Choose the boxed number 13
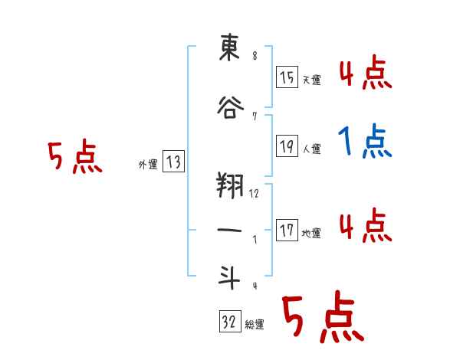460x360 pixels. tap(173, 162)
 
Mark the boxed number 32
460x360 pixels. tap(228, 322)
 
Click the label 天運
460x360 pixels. tap(311, 80)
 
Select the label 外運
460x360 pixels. tap(147, 164)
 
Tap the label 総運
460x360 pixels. tap(255, 325)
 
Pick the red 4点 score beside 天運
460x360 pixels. tap(365, 74)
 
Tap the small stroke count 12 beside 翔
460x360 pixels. tap(254, 194)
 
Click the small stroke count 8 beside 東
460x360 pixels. tap(254, 54)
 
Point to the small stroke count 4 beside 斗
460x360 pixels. tap(254, 286)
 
